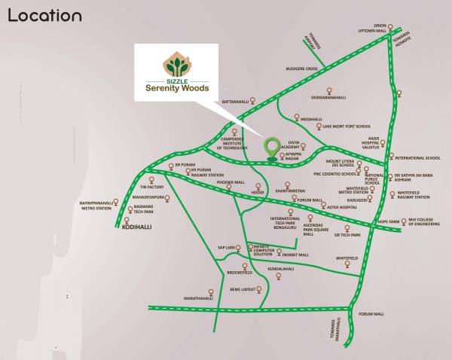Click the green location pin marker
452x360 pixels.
click(271, 147)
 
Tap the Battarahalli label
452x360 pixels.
click(234, 100)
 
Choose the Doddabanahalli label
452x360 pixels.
click(328, 97)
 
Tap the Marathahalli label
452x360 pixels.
click(199, 298)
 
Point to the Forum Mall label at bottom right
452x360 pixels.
click(371, 313)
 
